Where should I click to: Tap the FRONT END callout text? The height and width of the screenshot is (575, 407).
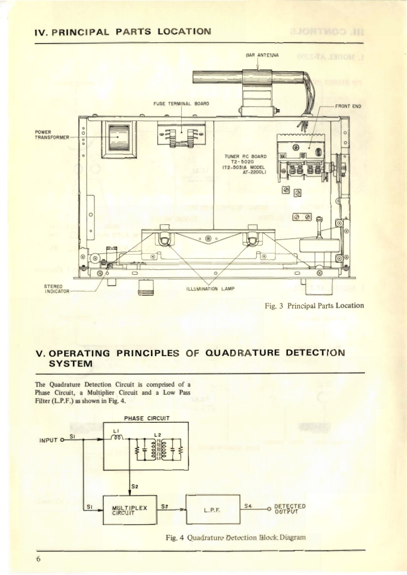coord(348,107)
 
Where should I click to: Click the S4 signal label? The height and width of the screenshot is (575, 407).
coord(247,505)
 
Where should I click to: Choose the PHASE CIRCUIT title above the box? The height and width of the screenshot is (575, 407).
coord(147,417)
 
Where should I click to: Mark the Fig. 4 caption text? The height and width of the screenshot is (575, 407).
coord(233,538)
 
